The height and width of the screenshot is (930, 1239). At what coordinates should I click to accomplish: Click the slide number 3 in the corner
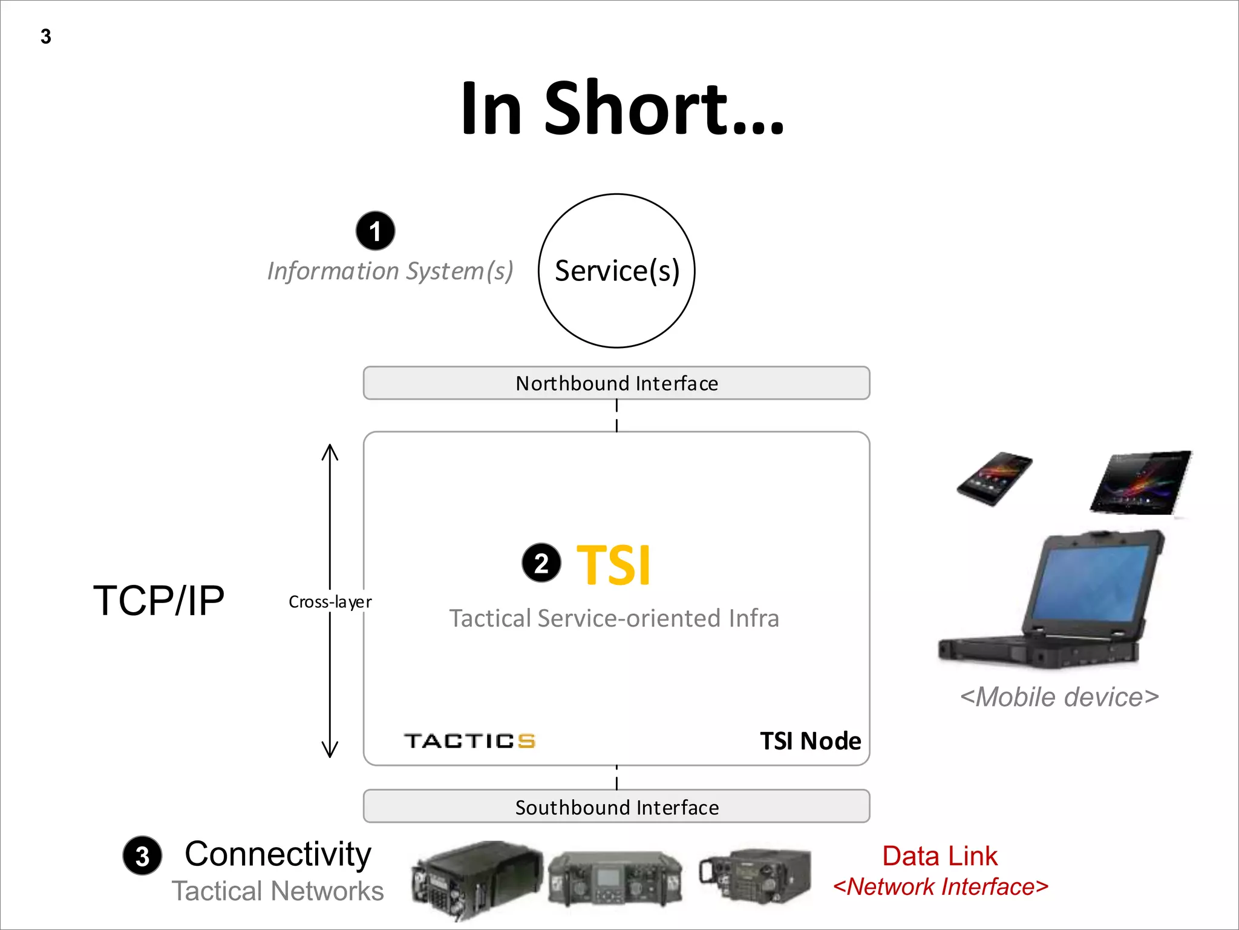tap(46, 36)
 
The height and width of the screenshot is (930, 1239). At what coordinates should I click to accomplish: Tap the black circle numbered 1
tap(375, 231)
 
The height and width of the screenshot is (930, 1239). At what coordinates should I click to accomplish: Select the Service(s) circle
tap(616, 271)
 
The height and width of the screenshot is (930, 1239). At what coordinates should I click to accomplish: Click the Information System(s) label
tap(390, 271)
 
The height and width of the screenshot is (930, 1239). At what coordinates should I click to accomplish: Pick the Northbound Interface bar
tap(616, 383)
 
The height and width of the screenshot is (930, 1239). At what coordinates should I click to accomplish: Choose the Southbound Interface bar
tap(616, 807)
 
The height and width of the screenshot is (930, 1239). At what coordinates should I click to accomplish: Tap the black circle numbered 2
tap(541, 563)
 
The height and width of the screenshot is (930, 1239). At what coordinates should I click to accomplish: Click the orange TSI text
tap(613, 565)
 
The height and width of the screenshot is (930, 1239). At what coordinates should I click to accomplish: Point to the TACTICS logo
tap(469, 741)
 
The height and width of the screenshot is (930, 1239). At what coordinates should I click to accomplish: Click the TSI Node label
tap(810, 741)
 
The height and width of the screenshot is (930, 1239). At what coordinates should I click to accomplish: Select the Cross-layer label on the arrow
tap(330, 602)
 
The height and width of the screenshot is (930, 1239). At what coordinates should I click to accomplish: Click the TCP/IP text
tap(159, 601)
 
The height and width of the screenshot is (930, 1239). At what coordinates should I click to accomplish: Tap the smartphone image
tap(994, 478)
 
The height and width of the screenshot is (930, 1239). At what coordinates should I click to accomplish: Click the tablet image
tap(1141, 483)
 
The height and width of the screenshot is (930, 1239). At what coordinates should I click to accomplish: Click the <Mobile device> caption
tap(1059, 697)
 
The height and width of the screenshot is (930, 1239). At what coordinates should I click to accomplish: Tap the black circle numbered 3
tap(142, 856)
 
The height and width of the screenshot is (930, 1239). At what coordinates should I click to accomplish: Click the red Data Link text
tap(940, 856)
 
